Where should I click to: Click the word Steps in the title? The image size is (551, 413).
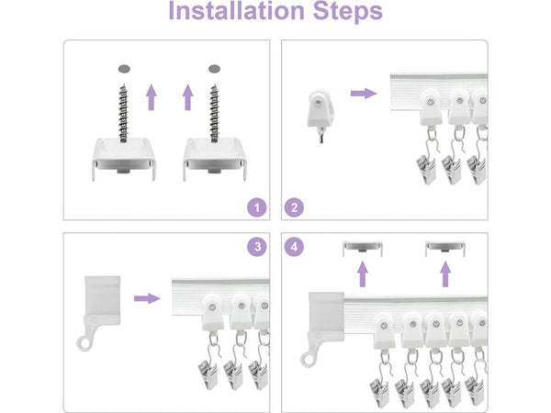pyautogui.click(x=347, y=12)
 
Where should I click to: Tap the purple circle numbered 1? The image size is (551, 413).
pyautogui.click(x=257, y=207)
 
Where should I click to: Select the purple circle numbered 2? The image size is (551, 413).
pyautogui.click(x=294, y=207)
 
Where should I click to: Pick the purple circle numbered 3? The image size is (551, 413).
pyautogui.click(x=257, y=247)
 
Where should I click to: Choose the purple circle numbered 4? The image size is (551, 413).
pyautogui.click(x=294, y=247)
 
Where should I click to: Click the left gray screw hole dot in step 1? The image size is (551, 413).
pyautogui.click(x=124, y=69)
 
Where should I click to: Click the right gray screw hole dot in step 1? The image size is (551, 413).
pyautogui.click(x=214, y=69)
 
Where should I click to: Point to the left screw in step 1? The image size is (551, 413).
pyautogui.click(x=123, y=113)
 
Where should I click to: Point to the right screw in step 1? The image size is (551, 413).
pyautogui.click(x=214, y=113)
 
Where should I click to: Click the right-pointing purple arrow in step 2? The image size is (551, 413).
pyautogui.click(x=364, y=94)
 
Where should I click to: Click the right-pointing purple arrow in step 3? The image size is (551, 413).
pyautogui.click(x=147, y=298)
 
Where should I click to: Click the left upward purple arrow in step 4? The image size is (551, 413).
pyautogui.click(x=363, y=273)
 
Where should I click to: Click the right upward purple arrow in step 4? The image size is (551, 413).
pyautogui.click(x=445, y=273)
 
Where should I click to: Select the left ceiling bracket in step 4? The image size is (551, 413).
pyautogui.click(x=363, y=249)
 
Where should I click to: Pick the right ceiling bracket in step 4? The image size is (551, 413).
pyautogui.click(x=445, y=249)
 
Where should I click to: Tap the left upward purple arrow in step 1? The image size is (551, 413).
pyautogui.click(x=152, y=97)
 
